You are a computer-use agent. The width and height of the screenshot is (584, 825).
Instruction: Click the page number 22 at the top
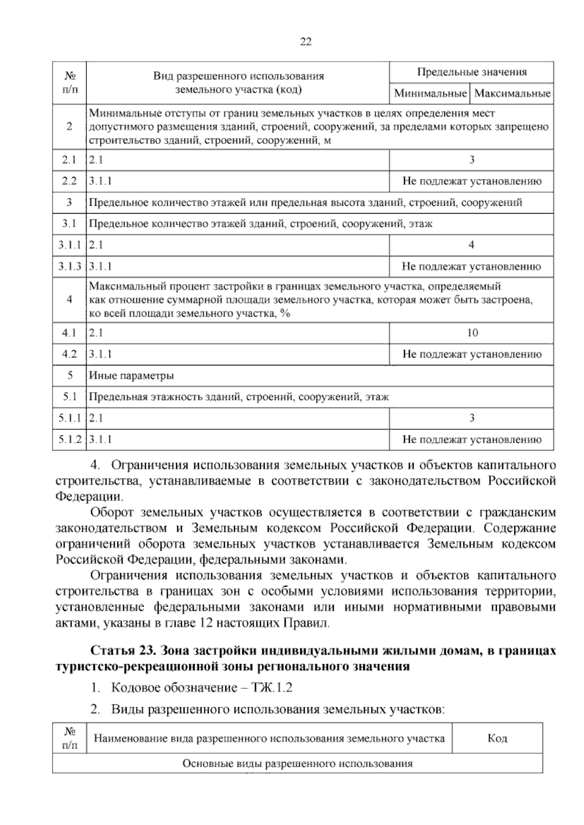[305, 42]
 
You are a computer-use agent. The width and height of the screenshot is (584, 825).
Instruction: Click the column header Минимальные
[430, 93]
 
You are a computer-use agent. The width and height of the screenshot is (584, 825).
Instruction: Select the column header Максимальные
[512, 93]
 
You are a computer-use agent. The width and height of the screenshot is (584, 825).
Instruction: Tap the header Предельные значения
[472, 72]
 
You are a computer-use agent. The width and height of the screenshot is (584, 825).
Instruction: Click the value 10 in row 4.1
[472, 333]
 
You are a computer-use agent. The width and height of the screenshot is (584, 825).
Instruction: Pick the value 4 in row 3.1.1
[471, 245]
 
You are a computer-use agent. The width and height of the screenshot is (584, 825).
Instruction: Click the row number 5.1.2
[69, 440]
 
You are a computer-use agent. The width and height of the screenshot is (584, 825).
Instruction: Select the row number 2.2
[69, 181]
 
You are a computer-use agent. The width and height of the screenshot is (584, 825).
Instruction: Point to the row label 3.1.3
[69, 267]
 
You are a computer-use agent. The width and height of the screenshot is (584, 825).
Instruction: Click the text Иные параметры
[131, 376]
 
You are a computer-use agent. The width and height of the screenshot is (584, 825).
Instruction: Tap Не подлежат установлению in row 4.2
[472, 354]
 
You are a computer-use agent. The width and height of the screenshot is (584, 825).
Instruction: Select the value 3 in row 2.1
[472, 160]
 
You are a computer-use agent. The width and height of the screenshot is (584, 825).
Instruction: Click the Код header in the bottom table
[497, 738]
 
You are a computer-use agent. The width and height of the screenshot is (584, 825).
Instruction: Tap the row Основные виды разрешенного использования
[297, 764]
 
